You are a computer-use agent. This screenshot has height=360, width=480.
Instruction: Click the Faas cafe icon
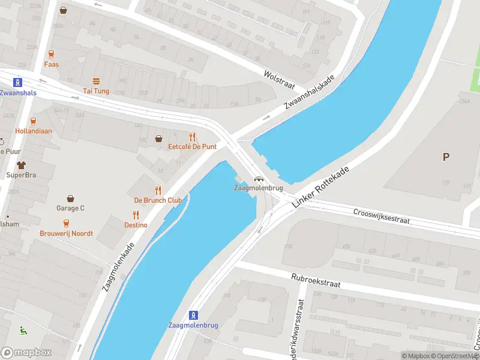click(51, 54)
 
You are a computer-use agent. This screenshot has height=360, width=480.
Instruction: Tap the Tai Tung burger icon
click(95, 81)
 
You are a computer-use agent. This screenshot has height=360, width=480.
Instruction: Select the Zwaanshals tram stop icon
click(19, 83)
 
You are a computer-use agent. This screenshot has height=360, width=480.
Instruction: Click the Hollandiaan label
click(34, 131)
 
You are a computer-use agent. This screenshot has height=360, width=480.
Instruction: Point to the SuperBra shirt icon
click(22, 164)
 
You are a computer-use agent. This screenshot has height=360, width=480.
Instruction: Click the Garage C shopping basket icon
click(71, 198)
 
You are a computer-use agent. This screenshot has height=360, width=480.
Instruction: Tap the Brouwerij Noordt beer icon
click(66, 223)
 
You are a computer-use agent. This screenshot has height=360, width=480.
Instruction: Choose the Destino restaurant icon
click(136, 215)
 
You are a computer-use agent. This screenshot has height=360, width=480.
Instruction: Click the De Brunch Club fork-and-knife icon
click(158, 190)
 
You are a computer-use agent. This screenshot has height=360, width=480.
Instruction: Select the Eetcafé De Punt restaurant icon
click(192, 137)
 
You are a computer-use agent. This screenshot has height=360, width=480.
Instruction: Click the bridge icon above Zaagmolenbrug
click(259, 178)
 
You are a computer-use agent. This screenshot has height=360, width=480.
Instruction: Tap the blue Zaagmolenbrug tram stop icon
click(193, 314)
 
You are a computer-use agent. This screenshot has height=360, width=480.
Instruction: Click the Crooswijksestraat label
click(381, 216)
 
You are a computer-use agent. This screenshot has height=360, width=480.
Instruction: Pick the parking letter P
click(446, 157)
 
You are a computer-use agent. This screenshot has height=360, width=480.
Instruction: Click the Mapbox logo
click(26, 353)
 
